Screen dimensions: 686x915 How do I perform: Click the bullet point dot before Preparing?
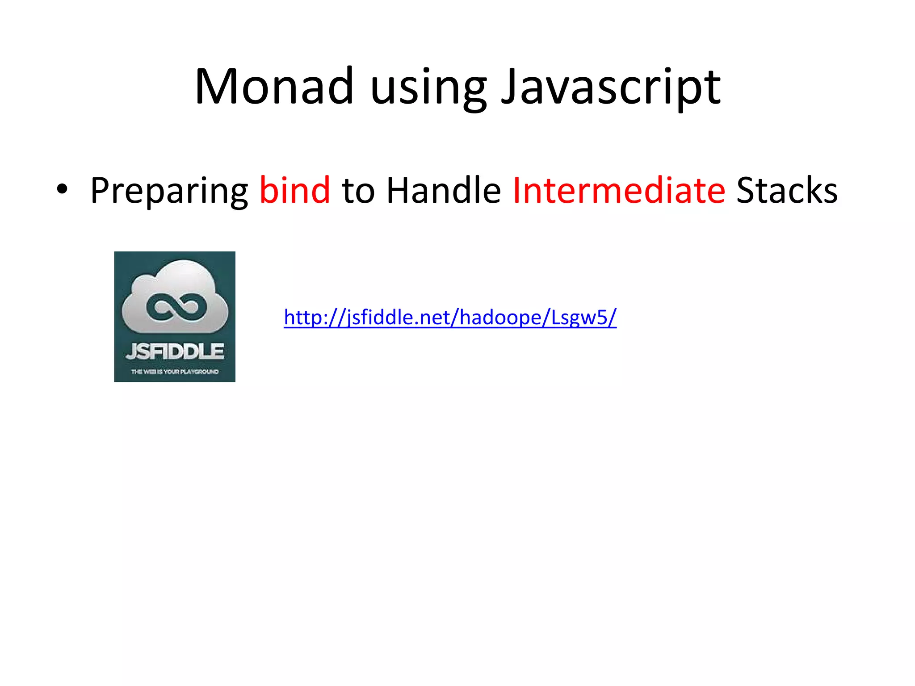62,189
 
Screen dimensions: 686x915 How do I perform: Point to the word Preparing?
169,191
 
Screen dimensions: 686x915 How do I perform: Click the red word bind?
295,190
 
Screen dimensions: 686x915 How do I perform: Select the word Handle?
443,190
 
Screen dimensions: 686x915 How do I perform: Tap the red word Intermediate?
619,190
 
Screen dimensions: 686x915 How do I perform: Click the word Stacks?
787,190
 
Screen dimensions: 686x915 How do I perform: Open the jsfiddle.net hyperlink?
450,318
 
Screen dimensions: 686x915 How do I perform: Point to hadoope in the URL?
500,318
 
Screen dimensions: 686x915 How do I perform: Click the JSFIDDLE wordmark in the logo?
175,351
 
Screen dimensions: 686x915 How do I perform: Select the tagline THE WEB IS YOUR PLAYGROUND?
175,372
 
